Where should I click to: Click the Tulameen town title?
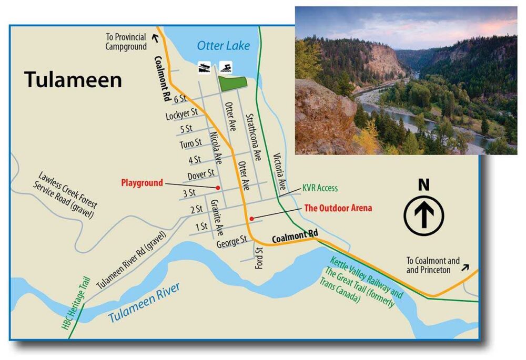(73, 79)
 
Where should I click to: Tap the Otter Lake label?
(224, 46)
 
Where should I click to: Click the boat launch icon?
(204, 67)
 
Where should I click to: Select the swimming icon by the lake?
(226, 67)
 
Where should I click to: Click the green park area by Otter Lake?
(232, 83)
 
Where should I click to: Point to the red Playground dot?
(217, 188)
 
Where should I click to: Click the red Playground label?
(141, 183)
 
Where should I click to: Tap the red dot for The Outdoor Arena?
(251, 218)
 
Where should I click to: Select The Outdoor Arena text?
(338, 208)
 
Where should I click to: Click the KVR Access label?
(320, 188)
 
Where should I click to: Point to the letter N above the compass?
(423, 185)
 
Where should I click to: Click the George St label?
(231, 242)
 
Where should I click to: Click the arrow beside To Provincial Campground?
(155, 37)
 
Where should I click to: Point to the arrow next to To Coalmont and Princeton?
(466, 266)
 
